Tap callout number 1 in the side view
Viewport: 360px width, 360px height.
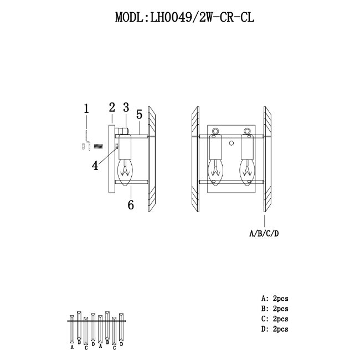click(x=86, y=109)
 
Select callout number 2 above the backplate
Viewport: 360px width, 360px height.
click(x=111, y=107)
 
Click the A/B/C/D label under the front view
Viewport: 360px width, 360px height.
click(x=265, y=233)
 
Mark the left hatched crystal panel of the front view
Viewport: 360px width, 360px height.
click(x=194, y=160)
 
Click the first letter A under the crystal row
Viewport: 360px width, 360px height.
click(x=73, y=348)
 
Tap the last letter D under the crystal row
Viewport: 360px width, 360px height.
click(x=121, y=344)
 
